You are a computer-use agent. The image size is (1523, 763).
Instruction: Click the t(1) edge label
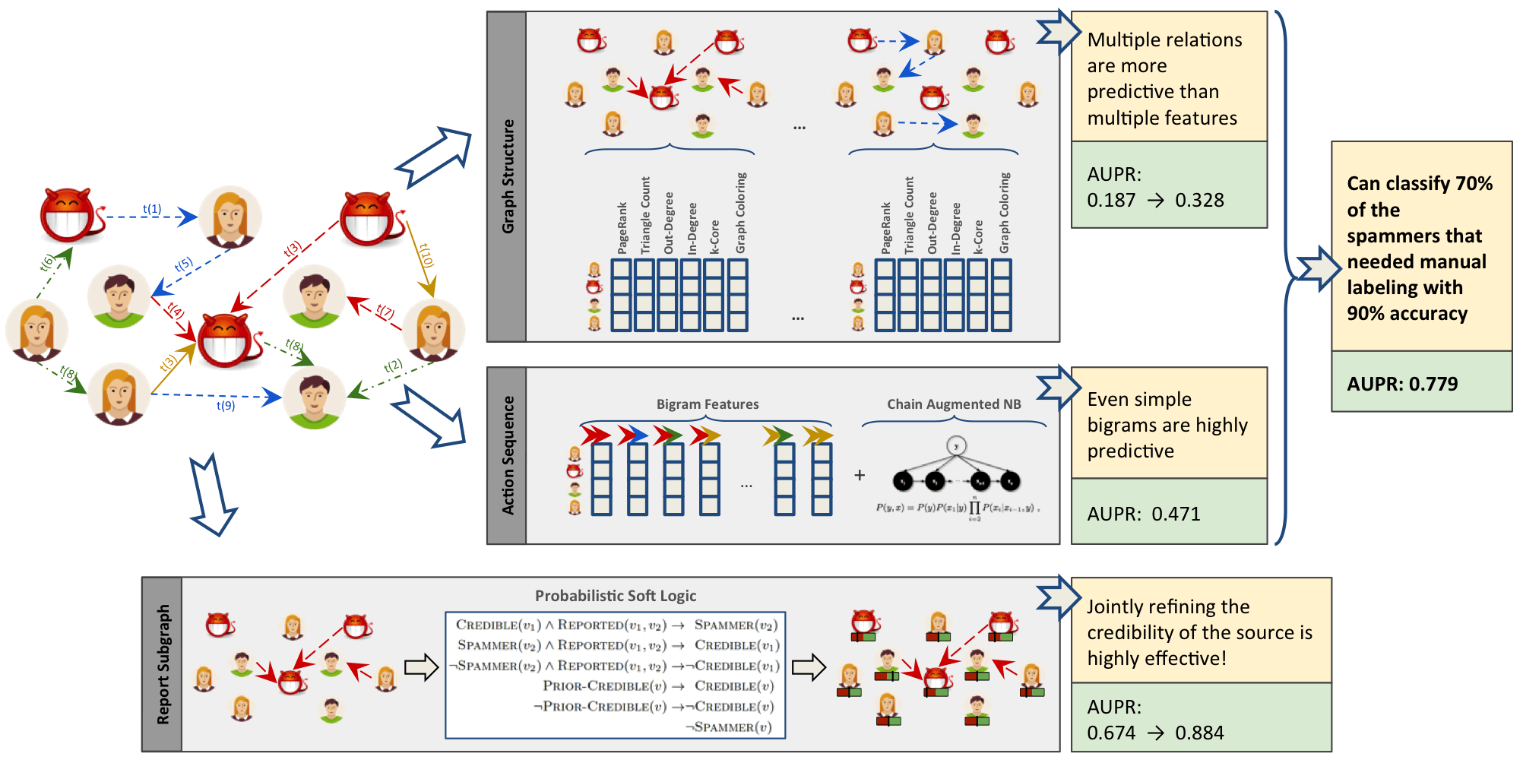(152, 209)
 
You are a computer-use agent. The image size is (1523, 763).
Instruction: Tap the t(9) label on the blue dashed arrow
(226, 406)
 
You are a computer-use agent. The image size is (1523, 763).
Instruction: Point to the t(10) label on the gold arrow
(426, 255)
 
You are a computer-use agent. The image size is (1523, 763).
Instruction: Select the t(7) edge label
(385, 312)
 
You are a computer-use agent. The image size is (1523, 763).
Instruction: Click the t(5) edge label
(183, 265)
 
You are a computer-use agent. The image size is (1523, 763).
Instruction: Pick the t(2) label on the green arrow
(393, 366)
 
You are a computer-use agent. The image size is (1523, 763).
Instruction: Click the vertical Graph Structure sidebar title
(508, 176)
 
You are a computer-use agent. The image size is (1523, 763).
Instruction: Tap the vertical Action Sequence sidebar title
(508, 455)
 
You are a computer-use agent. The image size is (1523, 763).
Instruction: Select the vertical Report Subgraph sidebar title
(163, 664)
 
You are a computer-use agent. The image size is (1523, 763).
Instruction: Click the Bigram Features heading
(708, 404)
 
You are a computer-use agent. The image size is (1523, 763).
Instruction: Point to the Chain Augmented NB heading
(954, 404)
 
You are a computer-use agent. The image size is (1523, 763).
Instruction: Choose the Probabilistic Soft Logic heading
(616, 596)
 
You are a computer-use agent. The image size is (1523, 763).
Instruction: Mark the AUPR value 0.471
(1176, 514)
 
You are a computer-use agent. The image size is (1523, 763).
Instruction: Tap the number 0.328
(1199, 201)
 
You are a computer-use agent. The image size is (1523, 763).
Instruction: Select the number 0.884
(1199, 733)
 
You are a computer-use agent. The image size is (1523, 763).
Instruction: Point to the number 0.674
(1111, 733)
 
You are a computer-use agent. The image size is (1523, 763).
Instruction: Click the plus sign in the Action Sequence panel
(860, 475)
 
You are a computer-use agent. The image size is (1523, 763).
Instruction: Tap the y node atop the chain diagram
(956, 446)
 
